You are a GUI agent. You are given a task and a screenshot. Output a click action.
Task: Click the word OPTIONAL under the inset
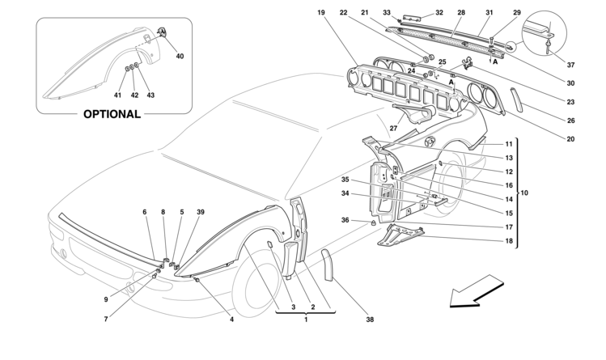click(x=112, y=114)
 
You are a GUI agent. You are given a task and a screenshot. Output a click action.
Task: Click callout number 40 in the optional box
click(x=180, y=56)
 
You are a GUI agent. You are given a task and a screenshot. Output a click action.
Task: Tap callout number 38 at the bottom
click(x=370, y=320)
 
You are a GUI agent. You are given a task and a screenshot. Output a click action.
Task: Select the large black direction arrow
click(x=477, y=291)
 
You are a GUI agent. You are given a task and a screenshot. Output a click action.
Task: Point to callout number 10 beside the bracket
click(x=524, y=193)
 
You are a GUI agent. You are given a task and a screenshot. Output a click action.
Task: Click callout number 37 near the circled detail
click(x=571, y=65)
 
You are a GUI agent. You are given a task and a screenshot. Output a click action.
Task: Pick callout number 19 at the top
click(x=321, y=12)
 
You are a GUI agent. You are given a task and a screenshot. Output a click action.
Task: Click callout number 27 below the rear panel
click(x=393, y=129)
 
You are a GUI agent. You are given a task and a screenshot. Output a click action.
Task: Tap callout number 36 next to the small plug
click(x=345, y=220)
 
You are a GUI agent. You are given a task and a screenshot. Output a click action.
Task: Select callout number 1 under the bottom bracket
click(x=306, y=320)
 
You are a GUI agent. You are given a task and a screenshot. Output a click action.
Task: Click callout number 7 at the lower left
click(x=105, y=319)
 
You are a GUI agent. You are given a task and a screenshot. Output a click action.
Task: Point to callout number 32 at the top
click(x=439, y=12)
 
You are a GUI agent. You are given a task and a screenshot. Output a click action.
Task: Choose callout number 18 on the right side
click(x=509, y=240)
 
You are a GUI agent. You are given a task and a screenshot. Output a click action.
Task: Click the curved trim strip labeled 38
click(x=327, y=265)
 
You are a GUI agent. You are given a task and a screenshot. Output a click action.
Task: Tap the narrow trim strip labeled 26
click(x=517, y=100)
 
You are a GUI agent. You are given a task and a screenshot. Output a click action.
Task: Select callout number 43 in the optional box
click(x=150, y=95)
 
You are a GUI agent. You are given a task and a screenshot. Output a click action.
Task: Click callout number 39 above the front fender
click(x=200, y=212)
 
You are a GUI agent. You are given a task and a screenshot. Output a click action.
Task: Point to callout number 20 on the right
click(x=571, y=139)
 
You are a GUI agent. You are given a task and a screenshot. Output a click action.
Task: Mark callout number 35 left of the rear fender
click(x=345, y=180)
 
